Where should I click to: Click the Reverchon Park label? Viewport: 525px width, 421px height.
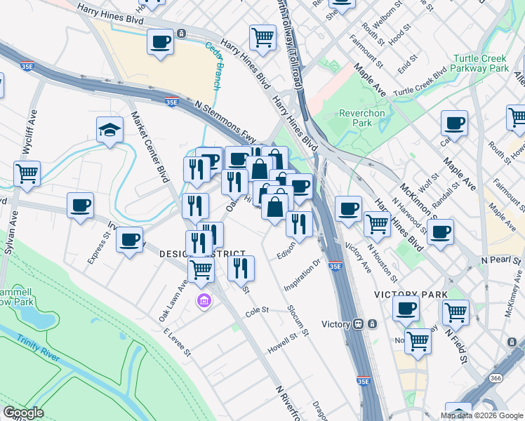coord(354,117)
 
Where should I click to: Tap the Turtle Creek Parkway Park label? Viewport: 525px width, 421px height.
coord(481,64)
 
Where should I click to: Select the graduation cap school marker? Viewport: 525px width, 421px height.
coord(110,130)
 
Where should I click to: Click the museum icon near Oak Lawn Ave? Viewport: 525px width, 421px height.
coord(204,301)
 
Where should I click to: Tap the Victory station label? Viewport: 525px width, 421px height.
coord(335,324)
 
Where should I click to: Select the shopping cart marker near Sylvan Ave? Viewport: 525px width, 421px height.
coord(27,173)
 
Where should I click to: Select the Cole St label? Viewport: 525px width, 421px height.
coord(257,309)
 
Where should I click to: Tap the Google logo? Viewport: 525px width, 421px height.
coord(23,413)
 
